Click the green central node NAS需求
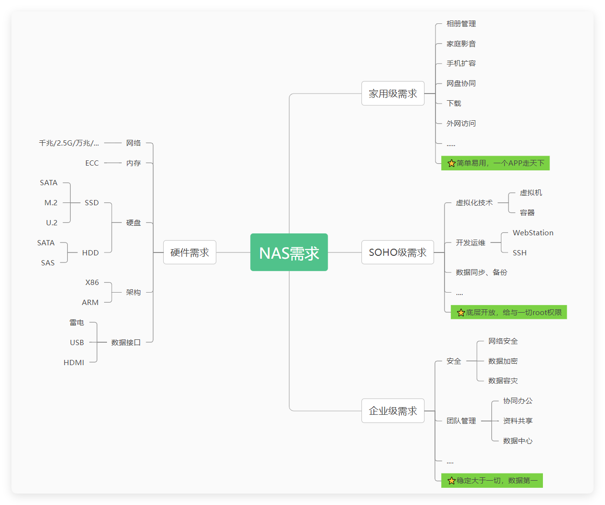(x=289, y=252)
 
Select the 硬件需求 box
(x=190, y=252)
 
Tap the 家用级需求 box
(x=393, y=94)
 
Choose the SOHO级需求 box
(x=397, y=252)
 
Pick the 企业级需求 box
(x=393, y=411)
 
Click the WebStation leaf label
(x=533, y=233)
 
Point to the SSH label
(x=520, y=253)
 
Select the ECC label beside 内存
(x=92, y=163)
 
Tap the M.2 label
(x=51, y=203)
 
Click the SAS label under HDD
(x=48, y=263)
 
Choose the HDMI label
(x=74, y=363)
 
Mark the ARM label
(x=90, y=303)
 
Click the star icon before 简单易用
(x=451, y=163)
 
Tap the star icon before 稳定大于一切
(x=451, y=481)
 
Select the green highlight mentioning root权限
(x=509, y=313)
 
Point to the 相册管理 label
(x=461, y=24)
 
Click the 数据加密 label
(x=503, y=361)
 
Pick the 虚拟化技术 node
(x=474, y=203)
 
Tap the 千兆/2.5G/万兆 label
(x=69, y=143)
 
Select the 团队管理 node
(x=461, y=421)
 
